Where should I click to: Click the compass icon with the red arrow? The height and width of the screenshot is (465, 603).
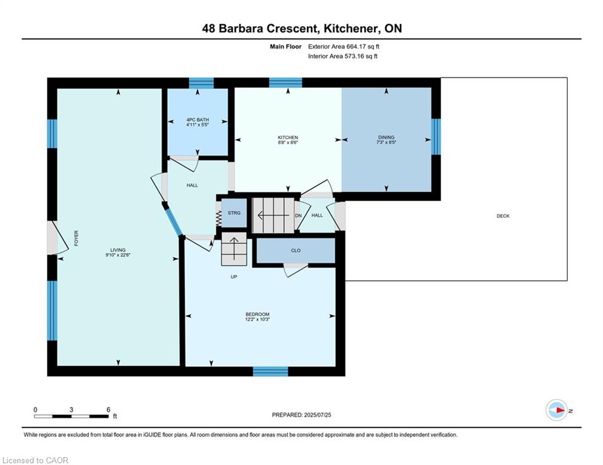(x=556, y=410)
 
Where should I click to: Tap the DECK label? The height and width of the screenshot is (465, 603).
(x=502, y=216)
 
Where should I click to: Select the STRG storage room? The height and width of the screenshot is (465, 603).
(x=234, y=213)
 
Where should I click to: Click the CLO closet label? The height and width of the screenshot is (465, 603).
(x=296, y=251)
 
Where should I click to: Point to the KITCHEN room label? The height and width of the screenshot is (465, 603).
(x=288, y=137)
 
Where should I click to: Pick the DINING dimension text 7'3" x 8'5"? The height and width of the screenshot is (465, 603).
(x=386, y=142)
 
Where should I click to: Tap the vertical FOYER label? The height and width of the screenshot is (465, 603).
(x=76, y=239)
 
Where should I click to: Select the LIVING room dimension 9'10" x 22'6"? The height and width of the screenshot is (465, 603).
(x=118, y=255)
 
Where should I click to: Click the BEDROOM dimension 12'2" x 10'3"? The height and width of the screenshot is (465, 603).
(x=258, y=319)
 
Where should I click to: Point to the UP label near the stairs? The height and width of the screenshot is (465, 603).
(x=234, y=277)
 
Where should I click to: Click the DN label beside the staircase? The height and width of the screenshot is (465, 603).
(x=298, y=216)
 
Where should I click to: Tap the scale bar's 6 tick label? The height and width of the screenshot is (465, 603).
(x=108, y=410)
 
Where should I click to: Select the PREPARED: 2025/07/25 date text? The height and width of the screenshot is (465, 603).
(x=302, y=415)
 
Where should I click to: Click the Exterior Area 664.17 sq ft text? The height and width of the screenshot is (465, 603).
(x=344, y=47)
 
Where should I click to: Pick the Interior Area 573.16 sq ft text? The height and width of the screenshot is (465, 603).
(x=342, y=56)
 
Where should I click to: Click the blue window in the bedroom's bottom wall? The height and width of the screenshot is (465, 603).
(x=270, y=371)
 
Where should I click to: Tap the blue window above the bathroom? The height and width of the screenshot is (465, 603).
(x=201, y=83)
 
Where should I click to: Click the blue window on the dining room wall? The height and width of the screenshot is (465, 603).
(x=436, y=136)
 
